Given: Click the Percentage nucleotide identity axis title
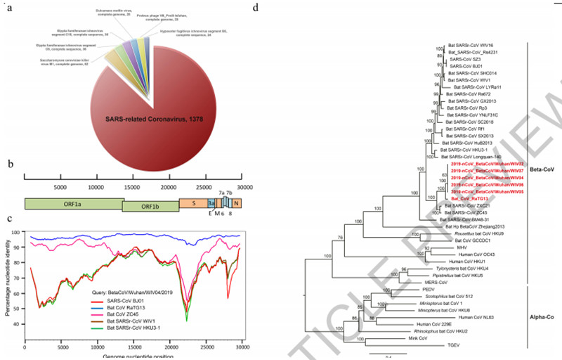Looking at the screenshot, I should [x=6, y=281].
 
